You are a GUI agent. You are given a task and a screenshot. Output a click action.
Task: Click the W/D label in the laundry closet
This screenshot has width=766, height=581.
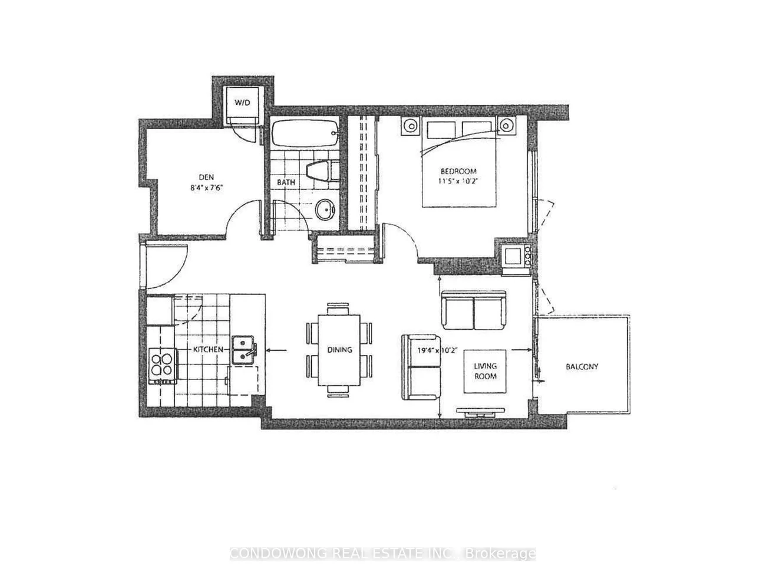242,103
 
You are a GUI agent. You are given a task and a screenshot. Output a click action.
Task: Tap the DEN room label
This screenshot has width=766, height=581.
207,177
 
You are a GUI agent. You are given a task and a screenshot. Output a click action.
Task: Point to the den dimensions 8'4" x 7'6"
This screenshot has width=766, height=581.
207,188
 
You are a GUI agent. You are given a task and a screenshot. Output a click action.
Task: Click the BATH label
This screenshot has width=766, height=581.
286,182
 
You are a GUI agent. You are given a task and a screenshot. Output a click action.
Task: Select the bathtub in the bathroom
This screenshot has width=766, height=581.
305,134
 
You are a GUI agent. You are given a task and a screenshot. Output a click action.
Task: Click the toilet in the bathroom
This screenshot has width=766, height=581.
322,171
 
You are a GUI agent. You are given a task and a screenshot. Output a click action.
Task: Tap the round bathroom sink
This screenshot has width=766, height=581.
326,209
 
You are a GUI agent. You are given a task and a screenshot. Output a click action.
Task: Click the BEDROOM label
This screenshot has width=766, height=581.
458,171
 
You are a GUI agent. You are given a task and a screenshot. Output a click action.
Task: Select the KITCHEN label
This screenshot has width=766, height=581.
209,349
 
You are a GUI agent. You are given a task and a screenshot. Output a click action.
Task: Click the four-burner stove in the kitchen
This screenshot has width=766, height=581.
161,366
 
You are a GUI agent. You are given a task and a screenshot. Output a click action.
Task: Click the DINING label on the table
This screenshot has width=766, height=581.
339,349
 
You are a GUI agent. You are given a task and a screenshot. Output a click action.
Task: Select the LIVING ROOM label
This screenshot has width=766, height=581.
485,371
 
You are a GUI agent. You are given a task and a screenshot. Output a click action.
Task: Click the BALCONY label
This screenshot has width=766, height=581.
582,366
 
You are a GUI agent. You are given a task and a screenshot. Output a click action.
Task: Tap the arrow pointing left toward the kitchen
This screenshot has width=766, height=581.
276,350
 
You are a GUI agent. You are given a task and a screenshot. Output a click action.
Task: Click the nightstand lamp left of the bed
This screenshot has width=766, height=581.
410,125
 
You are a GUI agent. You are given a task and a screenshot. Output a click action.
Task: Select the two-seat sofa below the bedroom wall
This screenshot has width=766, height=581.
474,310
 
